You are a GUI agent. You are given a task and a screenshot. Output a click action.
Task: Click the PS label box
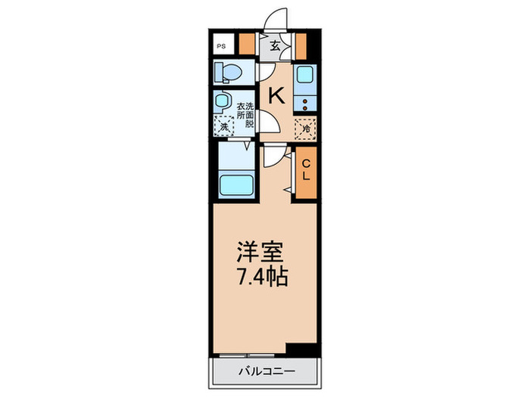point(222,45)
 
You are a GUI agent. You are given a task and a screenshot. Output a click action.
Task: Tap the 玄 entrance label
point(275,45)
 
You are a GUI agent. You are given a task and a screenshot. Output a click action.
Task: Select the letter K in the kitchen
point(276,95)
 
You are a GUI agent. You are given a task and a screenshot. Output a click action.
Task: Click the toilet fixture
point(226,73)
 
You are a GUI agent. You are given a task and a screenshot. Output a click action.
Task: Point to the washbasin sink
point(222,101)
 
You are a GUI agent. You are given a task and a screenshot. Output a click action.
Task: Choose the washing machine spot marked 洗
point(224,127)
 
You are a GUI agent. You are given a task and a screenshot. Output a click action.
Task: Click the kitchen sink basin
point(305,76)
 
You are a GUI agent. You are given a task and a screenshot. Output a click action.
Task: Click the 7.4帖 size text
point(259,276)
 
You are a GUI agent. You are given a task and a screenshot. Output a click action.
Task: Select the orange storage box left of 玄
point(246,45)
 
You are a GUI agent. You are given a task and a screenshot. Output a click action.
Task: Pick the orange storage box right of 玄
point(300,45)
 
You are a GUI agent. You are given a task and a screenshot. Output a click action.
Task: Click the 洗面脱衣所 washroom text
point(244,115)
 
